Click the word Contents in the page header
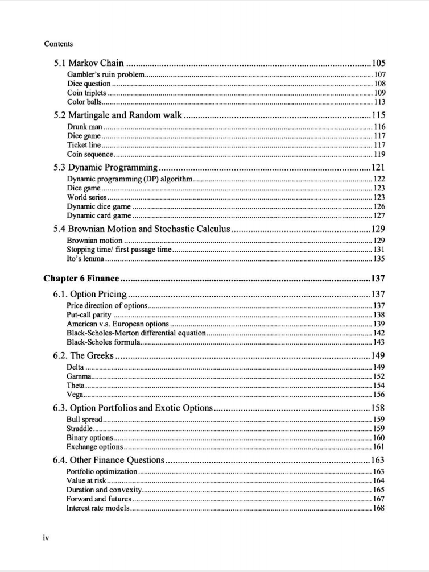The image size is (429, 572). tap(58, 44)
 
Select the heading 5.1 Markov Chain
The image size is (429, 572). tap(89, 63)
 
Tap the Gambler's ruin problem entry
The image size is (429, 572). tap(106, 74)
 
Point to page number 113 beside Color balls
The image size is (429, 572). tap(379, 102)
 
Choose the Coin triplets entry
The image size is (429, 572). tap(86, 93)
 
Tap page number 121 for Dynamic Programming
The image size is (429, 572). tap(378, 167)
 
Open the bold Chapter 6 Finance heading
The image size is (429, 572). tap(81, 279)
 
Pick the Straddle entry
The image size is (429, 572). tap(80, 428)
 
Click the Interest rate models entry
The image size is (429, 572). tap(98, 508)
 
